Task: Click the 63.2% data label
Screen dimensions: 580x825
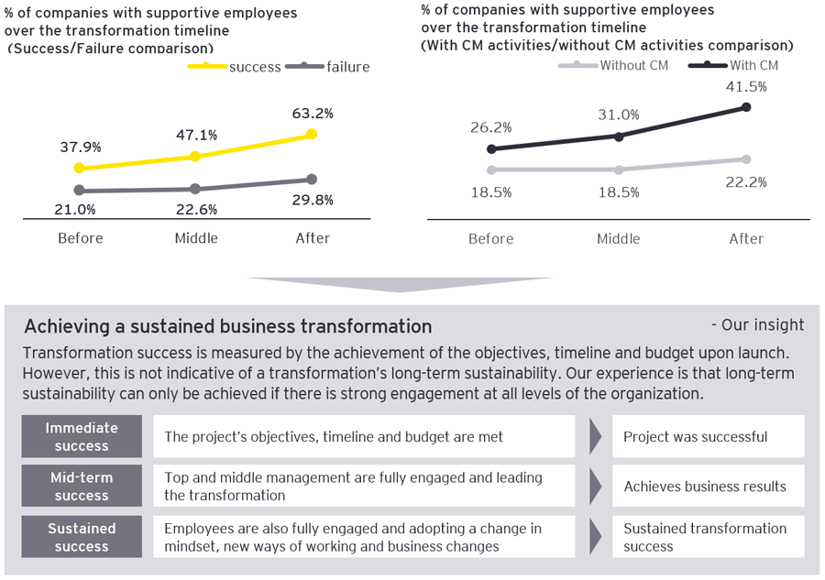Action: click(313, 114)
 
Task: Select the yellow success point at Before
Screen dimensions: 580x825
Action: click(79, 168)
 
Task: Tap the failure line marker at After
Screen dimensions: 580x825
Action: click(312, 179)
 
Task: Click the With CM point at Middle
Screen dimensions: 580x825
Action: click(619, 136)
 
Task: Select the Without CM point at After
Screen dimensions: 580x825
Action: click(746, 159)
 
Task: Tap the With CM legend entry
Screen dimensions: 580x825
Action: click(746, 65)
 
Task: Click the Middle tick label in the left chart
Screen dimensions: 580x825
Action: click(196, 238)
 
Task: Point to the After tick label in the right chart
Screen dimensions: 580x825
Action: click(746, 238)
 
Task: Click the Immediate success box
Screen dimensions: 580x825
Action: click(82, 436)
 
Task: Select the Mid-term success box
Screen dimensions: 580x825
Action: click(82, 487)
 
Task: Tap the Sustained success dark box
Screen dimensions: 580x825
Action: click(82, 537)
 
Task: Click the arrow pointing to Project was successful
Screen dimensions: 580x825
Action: click(595, 436)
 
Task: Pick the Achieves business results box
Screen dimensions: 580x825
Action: click(706, 487)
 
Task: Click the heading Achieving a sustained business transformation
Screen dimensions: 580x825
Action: click(227, 326)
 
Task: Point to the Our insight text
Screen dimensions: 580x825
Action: click(757, 325)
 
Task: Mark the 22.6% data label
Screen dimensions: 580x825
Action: click(196, 209)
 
